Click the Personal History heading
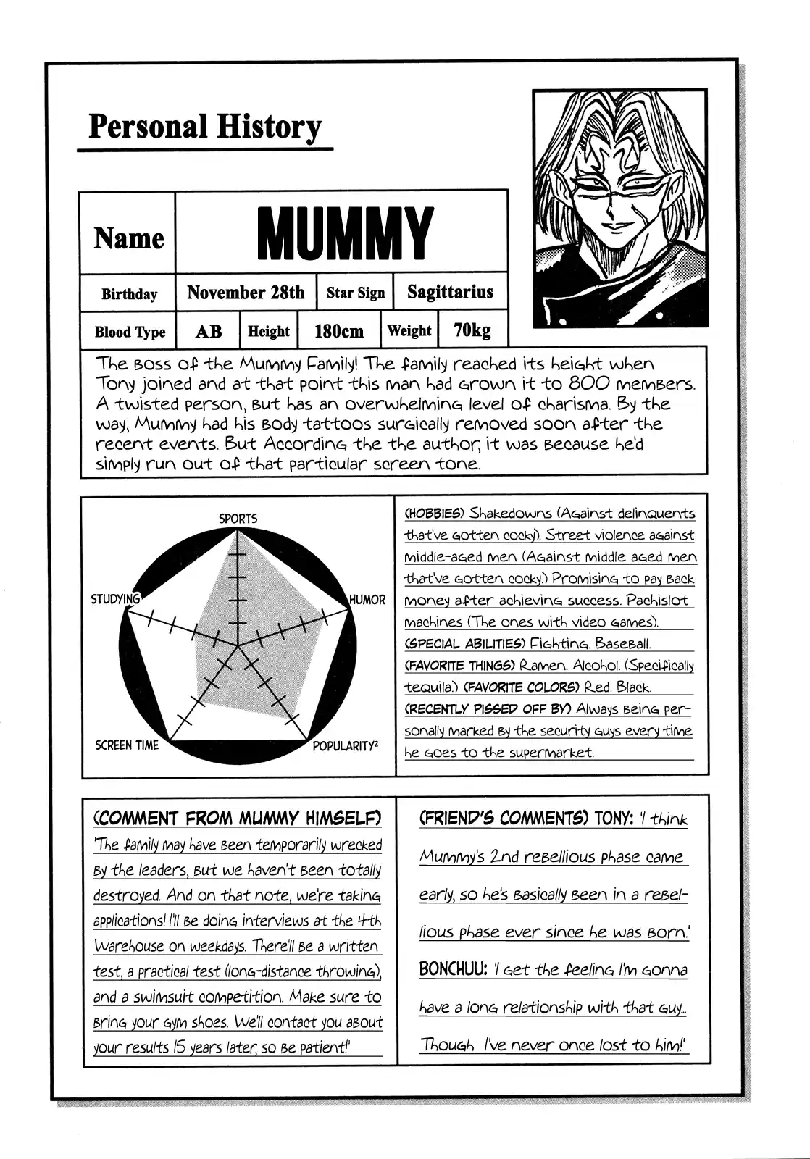(x=204, y=127)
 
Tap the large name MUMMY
(x=345, y=233)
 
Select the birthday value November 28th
(x=246, y=293)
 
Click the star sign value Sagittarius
(x=450, y=292)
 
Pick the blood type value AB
(x=209, y=332)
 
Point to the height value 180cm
(x=339, y=332)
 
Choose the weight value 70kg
(x=472, y=330)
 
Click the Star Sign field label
(x=356, y=293)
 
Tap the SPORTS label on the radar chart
(x=238, y=519)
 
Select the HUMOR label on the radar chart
(x=367, y=600)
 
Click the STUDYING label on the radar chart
(x=114, y=599)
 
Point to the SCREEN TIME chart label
(x=127, y=745)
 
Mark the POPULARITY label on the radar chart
(x=345, y=746)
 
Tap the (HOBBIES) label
(x=434, y=514)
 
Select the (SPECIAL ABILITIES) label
(x=464, y=643)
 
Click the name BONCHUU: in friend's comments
(x=453, y=970)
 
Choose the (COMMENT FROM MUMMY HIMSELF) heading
(x=238, y=819)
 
